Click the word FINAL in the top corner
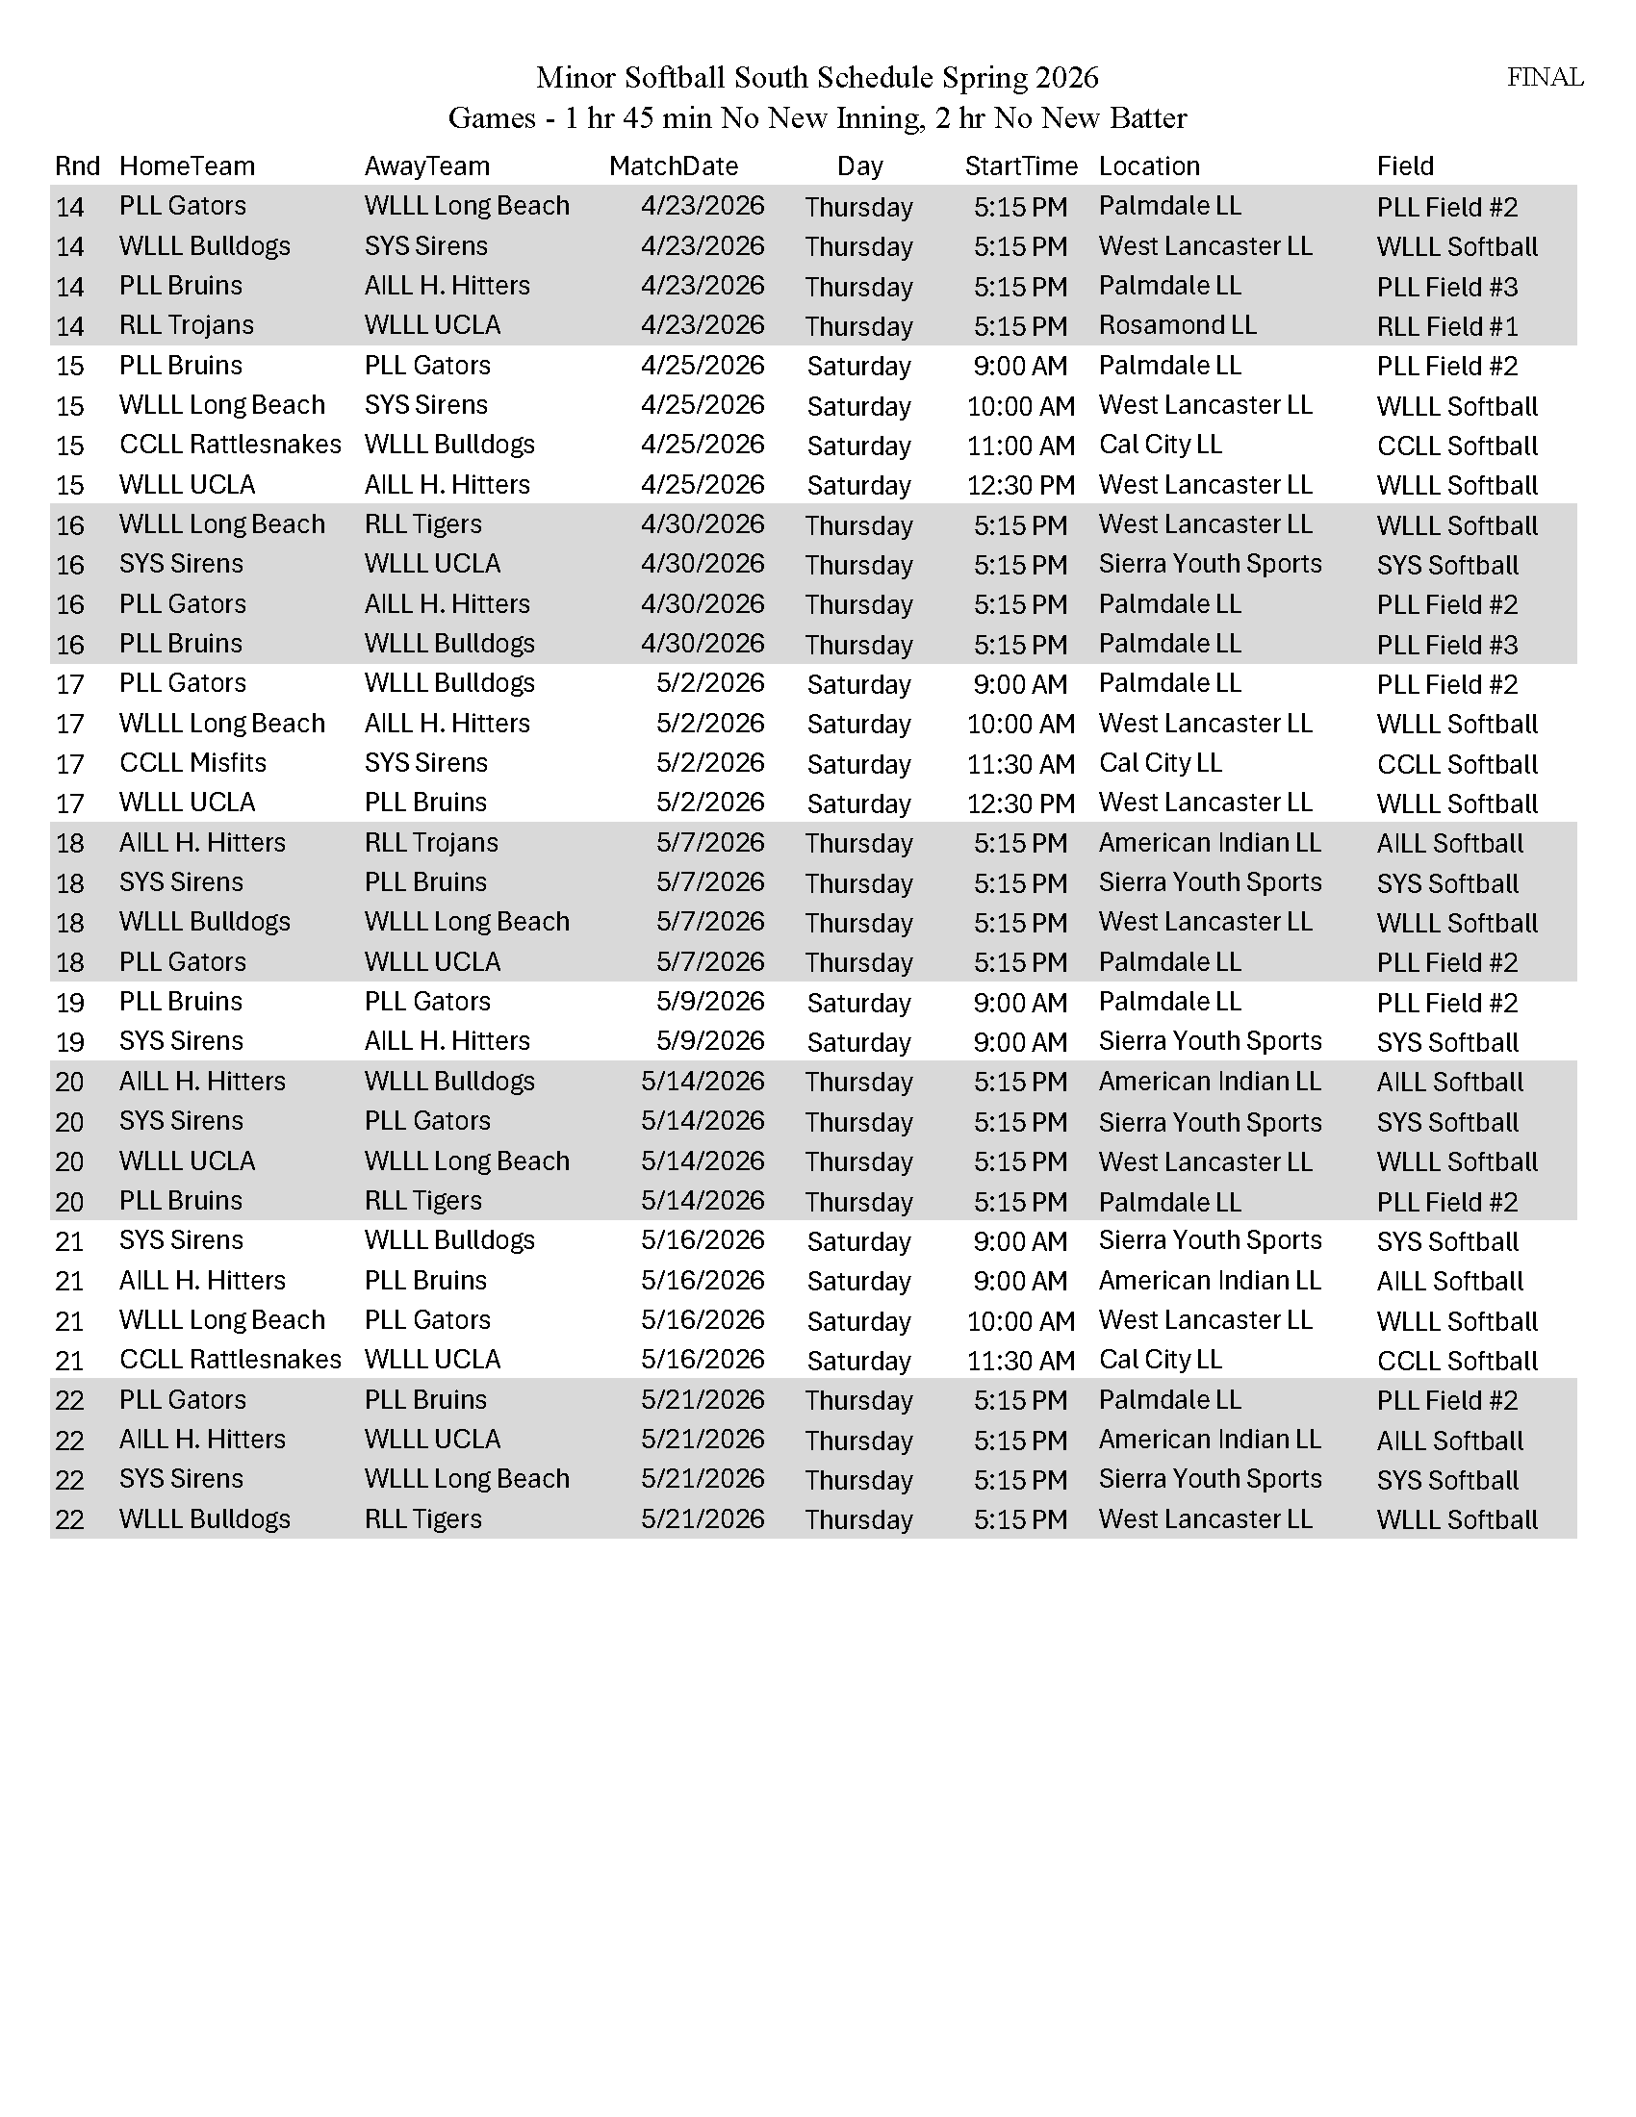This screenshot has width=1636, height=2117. point(1544,78)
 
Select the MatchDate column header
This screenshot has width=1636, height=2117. point(673,166)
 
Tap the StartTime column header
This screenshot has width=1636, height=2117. point(1020,166)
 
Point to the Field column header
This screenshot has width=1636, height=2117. point(1404,166)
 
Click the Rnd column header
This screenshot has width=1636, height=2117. point(77,166)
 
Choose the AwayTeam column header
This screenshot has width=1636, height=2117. point(426,166)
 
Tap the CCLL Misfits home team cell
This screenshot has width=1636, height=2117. point(192,763)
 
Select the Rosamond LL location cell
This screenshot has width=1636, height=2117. point(1177,325)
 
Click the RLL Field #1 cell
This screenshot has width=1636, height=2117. point(1447,326)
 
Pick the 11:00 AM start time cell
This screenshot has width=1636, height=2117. point(1020,446)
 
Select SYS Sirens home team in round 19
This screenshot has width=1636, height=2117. point(180,1041)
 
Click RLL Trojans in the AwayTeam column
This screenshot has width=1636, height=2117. point(430,842)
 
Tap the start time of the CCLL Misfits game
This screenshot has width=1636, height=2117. point(1020,764)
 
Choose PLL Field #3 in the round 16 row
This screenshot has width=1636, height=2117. point(1447,645)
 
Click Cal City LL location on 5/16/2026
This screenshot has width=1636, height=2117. point(1160,1360)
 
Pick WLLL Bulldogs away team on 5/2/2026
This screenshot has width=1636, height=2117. point(448,683)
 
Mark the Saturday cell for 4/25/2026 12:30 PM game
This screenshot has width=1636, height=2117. point(858,486)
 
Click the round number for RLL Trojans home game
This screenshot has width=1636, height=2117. point(70,326)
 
